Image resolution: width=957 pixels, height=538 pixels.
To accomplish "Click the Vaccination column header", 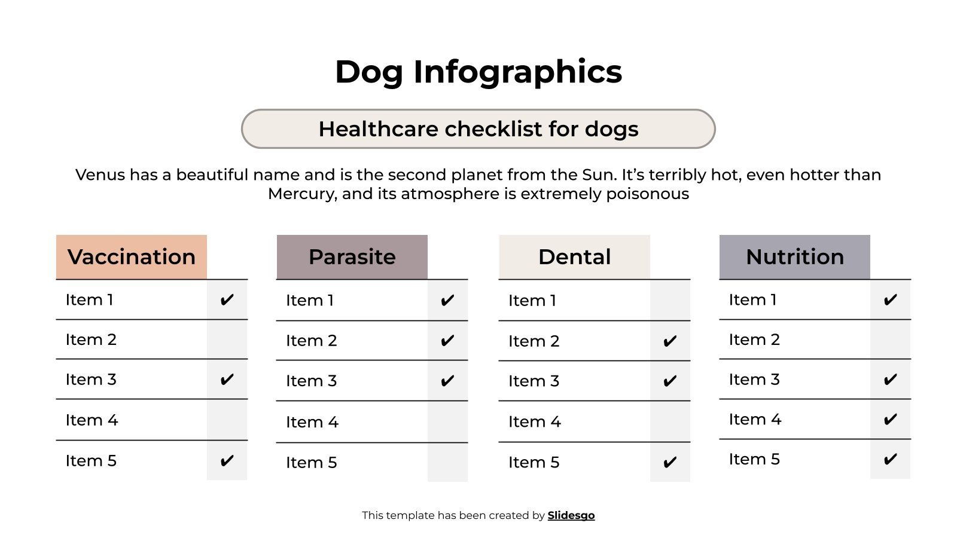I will tap(132, 257).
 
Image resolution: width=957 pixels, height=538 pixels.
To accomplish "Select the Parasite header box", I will tap(352, 257).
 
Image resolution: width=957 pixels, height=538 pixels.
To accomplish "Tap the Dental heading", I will tap(574, 257).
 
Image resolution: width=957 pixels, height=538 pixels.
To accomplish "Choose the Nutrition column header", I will tap(794, 257).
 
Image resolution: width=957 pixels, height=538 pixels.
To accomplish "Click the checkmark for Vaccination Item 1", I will tap(227, 300).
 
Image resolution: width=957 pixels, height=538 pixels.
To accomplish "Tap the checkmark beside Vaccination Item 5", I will tap(227, 461).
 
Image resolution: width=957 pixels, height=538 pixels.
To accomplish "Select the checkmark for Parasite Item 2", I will tap(447, 341).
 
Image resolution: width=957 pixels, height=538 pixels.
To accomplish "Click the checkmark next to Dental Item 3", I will tap(670, 381).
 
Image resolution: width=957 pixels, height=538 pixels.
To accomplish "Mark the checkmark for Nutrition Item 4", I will tap(890, 420).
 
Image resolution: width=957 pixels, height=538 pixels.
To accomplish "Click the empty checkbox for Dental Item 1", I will tap(670, 300).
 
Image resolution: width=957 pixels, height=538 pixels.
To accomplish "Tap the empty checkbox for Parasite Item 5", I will tap(447, 462).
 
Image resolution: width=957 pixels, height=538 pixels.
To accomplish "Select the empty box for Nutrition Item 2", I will tap(890, 340).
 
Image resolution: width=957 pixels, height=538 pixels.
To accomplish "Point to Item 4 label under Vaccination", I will tap(92, 420).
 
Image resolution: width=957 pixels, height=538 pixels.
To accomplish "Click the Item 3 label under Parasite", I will tap(311, 381).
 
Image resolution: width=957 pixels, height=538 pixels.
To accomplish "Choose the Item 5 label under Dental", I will tap(534, 462).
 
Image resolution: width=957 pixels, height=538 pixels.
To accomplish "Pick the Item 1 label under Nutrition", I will tap(752, 299).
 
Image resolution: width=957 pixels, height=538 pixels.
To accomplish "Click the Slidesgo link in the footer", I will tap(571, 515).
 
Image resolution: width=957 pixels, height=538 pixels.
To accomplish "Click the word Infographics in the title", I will tap(517, 72).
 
